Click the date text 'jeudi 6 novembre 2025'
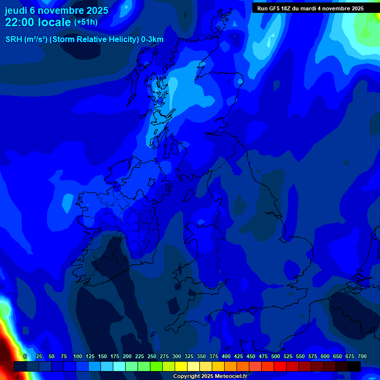click(x=56, y=10)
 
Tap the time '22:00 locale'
click(x=38, y=22)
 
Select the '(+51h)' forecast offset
click(x=86, y=22)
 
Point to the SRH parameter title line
click(x=84, y=40)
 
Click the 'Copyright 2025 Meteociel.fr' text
click(x=210, y=377)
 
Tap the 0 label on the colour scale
click(x=25, y=356)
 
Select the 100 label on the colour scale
click(x=78, y=356)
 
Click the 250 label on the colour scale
click(x=152, y=356)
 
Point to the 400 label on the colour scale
click(x=226, y=356)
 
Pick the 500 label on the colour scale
click(x=276, y=356)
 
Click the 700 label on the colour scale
click(x=362, y=356)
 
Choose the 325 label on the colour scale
click(x=189, y=356)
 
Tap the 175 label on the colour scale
click(x=115, y=356)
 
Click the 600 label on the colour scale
click(x=325, y=356)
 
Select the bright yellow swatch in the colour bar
click(x=181, y=367)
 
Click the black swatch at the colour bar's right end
click(x=354, y=367)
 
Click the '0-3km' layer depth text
click(x=152, y=40)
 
